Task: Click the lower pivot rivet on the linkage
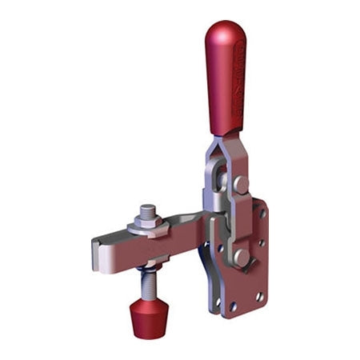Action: coord(241,257)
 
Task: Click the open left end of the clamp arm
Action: coord(99,249)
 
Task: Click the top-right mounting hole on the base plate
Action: coord(262,214)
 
